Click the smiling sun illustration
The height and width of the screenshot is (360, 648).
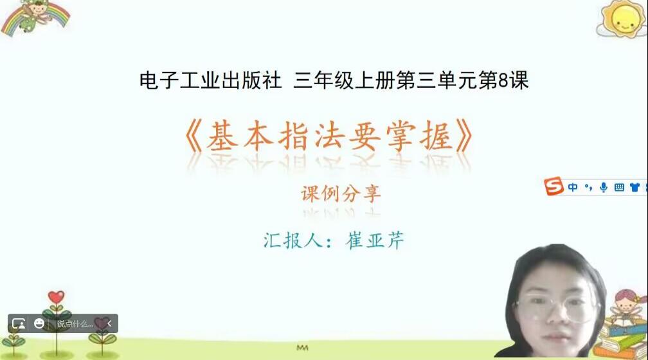tap(623, 19)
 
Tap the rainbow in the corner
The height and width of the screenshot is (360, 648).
tap(35, 19)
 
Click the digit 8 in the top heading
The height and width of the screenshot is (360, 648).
tap(503, 80)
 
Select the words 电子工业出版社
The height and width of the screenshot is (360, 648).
tap(210, 80)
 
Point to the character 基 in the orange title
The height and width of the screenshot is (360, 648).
tap(222, 136)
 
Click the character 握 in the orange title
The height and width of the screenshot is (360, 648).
tap(436, 136)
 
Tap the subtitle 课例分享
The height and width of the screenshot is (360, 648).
tap(341, 194)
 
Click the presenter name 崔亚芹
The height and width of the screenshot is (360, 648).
tap(375, 240)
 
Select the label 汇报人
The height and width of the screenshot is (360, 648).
tap(293, 240)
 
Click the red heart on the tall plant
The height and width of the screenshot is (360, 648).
tap(56, 297)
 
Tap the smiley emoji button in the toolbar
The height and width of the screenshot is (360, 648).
tap(39, 323)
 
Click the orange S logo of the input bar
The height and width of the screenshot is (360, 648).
tap(553, 186)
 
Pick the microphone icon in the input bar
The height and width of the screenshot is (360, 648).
tap(604, 187)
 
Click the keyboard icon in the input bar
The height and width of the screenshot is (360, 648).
tap(619, 187)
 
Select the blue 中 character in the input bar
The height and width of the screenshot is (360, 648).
tap(573, 187)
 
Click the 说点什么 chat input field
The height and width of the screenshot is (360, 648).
tap(75, 323)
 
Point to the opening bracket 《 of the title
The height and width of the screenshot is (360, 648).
tap(194, 136)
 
